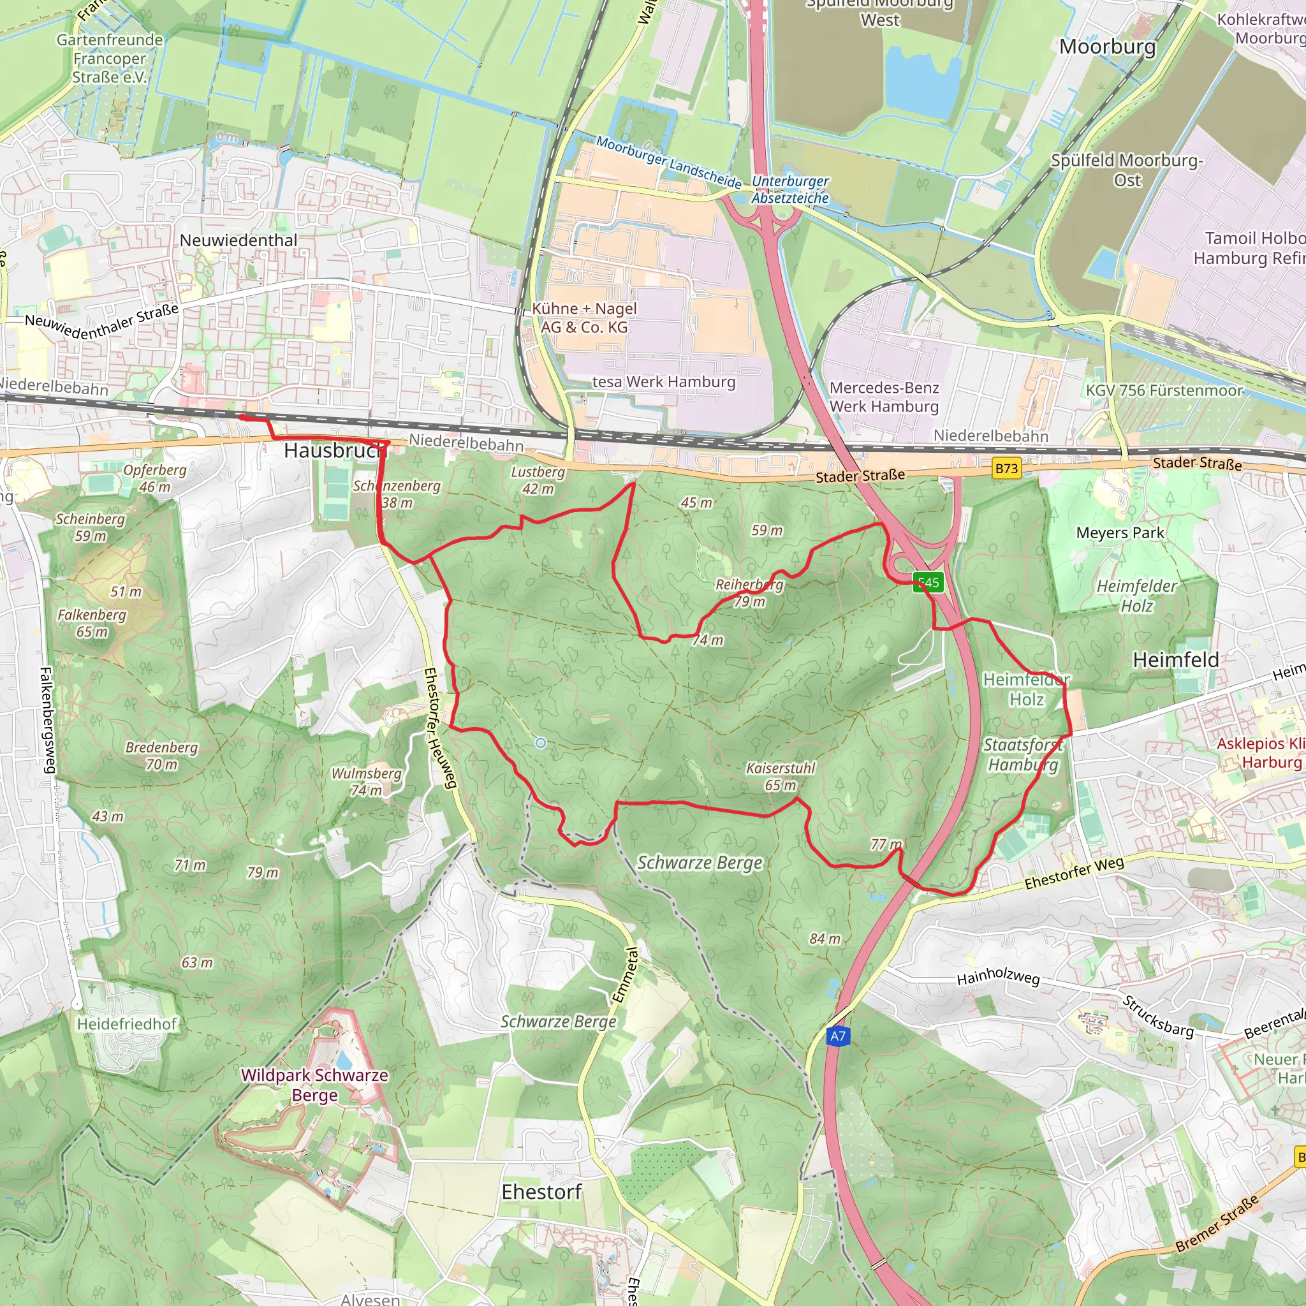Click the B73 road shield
tap(1006, 469)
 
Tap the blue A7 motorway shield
tap(837, 1036)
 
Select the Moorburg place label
tap(1107, 47)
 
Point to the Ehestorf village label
tap(541, 1192)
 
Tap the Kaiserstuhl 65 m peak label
tap(781, 777)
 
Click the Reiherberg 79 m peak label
tap(750, 593)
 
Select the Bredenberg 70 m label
tap(161, 756)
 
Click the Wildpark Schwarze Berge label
tap(315, 1084)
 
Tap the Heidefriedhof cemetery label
tap(127, 1024)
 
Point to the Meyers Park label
tap(1120, 532)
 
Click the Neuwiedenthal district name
tap(238, 240)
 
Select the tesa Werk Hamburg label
tap(664, 382)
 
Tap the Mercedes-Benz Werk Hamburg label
tap(884, 397)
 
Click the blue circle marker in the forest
tap(541, 744)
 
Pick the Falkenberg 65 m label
tap(92, 623)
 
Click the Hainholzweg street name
tap(998, 977)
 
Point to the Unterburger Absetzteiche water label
tap(790, 189)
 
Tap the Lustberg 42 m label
tap(538, 480)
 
